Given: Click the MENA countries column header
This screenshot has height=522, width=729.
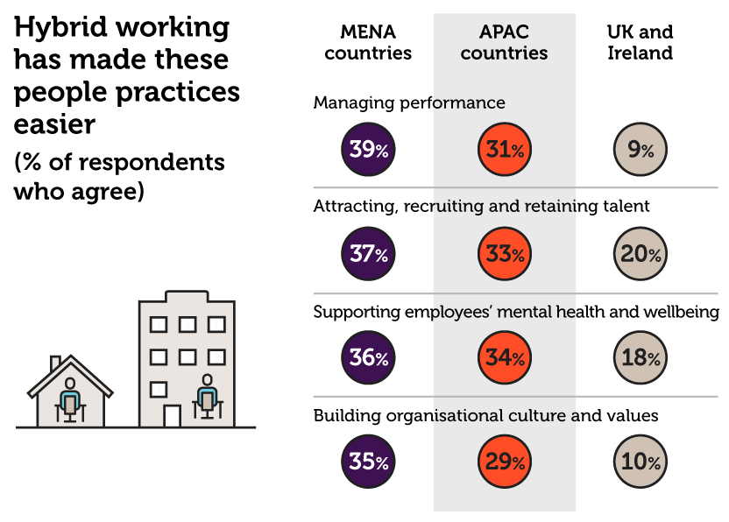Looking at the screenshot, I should pyautogui.click(x=368, y=42).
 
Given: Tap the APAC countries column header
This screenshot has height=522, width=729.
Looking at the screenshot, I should pyautogui.click(x=504, y=42).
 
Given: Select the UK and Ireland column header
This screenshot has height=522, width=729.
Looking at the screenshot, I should pyautogui.click(x=640, y=42).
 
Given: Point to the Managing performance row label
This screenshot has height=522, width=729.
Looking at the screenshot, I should pyautogui.click(x=409, y=102).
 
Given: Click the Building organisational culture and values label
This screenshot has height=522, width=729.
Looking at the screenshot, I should pyautogui.click(x=485, y=415).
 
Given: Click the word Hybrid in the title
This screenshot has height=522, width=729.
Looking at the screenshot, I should pyautogui.click(x=60, y=28).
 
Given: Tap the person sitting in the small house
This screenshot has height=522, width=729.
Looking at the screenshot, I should pyautogui.click(x=70, y=399).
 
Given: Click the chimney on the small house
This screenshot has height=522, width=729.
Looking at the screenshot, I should pyautogui.click(x=55, y=363).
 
